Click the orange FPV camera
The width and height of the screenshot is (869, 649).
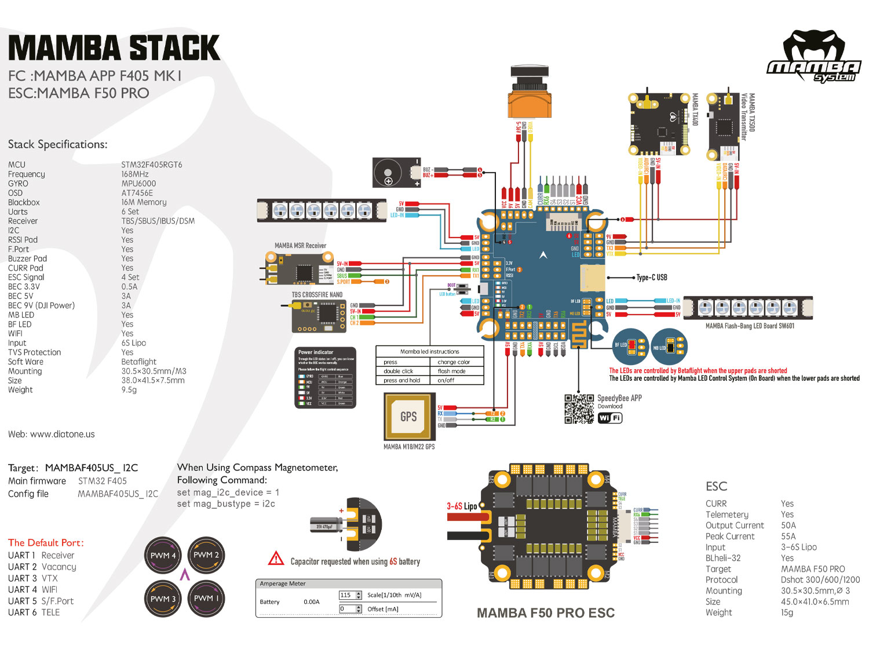pyautogui.click(x=530, y=96)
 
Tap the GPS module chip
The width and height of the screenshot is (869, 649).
pyautogui.click(x=408, y=417)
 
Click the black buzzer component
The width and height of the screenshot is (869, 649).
pyautogui.click(x=396, y=173)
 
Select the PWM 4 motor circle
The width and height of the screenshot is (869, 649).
pyautogui.click(x=163, y=555)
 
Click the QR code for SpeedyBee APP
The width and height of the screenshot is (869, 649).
pyautogui.click(x=579, y=409)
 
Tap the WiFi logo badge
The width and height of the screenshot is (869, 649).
pyautogui.click(x=609, y=418)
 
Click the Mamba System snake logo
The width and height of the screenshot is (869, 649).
pyautogui.click(x=813, y=57)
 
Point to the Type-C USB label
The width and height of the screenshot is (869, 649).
pyautogui.click(x=652, y=278)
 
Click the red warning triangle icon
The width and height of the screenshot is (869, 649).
pyautogui.click(x=276, y=559)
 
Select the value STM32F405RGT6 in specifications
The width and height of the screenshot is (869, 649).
pyautogui.click(x=152, y=165)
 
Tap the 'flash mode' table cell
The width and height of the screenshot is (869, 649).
pyautogui.click(x=451, y=371)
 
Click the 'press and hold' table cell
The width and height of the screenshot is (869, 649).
pyautogui.click(x=401, y=380)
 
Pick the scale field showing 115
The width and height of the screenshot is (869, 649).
pyautogui.click(x=346, y=595)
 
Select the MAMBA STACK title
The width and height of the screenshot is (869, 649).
pyautogui.click(x=114, y=48)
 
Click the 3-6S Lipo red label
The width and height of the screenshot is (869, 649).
pyautogui.click(x=462, y=506)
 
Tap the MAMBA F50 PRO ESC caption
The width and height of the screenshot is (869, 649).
pyautogui.click(x=545, y=613)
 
